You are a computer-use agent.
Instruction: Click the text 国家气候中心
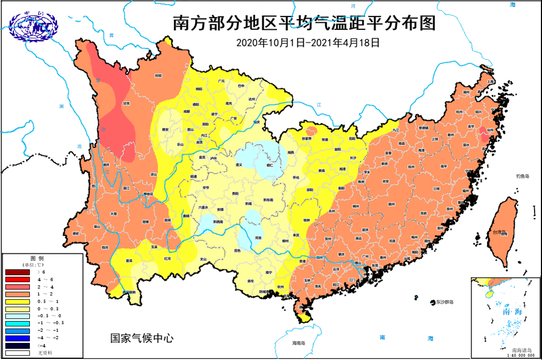click(x=142, y=338)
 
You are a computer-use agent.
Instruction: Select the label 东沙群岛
click(x=443, y=302)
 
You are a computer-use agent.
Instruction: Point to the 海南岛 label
click(x=294, y=341)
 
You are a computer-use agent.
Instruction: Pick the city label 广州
click(x=366, y=256)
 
